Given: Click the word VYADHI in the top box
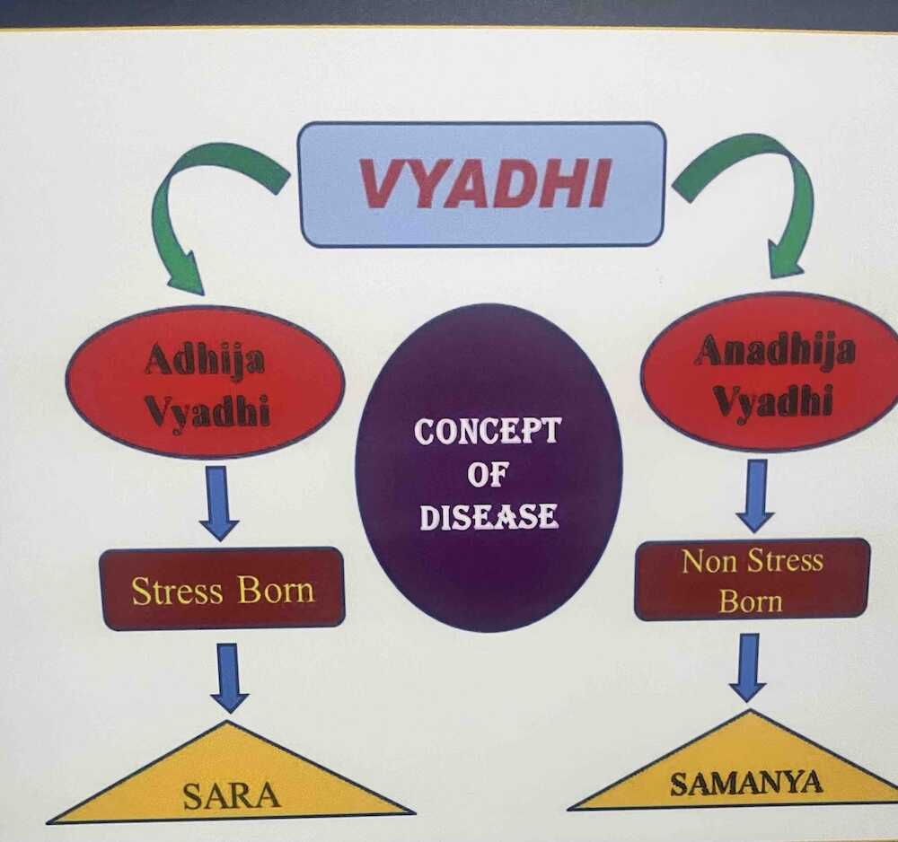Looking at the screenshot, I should pyautogui.click(x=484, y=184).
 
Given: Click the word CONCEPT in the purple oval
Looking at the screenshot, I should pyautogui.click(x=488, y=432).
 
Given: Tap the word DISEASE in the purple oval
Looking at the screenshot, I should pyautogui.click(x=489, y=516).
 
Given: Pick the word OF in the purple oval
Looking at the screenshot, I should pyautogui.click(x=486, y=475).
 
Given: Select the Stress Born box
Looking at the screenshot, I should pyautogui.click(x=222, y=589).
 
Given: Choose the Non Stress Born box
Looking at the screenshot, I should pyautogui.click(x=752, y=580).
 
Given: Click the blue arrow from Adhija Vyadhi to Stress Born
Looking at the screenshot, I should pyautogui.click(x=219, y=502).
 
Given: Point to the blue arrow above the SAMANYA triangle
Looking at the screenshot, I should pyautogui.click(x=747, y=667).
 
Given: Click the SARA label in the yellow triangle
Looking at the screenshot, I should pyautogui.click(x=232, y=795).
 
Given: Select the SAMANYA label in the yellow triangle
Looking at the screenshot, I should pyautogui.click(x=746, y=784).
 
